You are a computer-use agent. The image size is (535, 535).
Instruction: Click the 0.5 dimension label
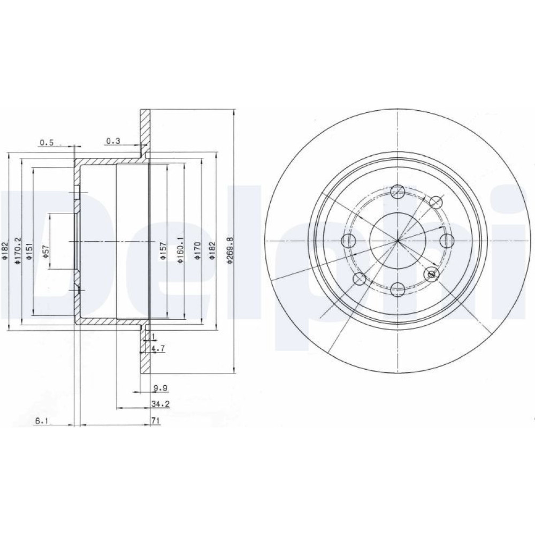click(x=47, y=143)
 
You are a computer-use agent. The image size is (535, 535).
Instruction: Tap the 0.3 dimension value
click(x=113, y=141)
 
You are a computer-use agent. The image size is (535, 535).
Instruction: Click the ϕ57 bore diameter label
click(x=47, y=251)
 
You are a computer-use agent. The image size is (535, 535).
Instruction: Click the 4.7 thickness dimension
click(x=158, y=348)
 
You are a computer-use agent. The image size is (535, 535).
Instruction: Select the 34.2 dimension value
click(x=160, y=404)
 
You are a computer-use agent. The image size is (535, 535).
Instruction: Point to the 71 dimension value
click(x=156, y=421)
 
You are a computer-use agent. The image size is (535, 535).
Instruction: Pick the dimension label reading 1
click(x=153, y=337)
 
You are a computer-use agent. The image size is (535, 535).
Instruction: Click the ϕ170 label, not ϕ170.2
click(x=198, y=251)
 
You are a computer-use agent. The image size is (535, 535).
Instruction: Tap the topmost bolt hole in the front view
click(x=398, y=191)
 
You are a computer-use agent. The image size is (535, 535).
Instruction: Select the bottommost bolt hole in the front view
click(x=398, y=289)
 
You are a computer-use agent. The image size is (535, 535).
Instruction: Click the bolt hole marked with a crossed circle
click(x=431, y=273)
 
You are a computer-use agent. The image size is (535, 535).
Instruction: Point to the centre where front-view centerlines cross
click(x=398, y=241)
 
